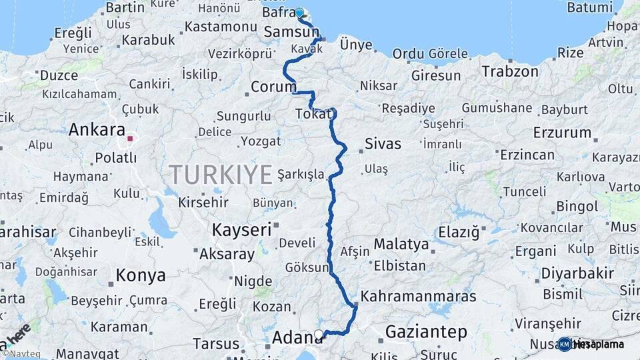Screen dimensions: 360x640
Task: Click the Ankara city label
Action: [x=97, y=129]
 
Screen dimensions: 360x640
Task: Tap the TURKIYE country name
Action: [x=220, y=175]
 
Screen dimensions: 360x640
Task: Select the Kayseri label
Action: [x=241, y=230]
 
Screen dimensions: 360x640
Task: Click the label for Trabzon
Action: [x=510, y=71]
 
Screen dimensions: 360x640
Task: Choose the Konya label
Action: [x=141, y=275]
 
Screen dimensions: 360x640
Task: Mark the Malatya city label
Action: [x=401, y=244]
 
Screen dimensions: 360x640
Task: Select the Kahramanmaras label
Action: [x=419, y=295]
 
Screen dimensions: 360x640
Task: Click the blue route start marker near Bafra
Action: [x=299, y=12]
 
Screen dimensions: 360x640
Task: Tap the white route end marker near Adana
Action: [x=319, y=334]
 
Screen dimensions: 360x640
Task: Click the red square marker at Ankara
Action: [x=131, y=140]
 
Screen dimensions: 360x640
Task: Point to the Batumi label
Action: [x=589, y=7]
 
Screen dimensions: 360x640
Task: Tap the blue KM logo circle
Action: [x=565, y=344]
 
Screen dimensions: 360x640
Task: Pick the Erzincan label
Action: [x=527, y=155]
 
